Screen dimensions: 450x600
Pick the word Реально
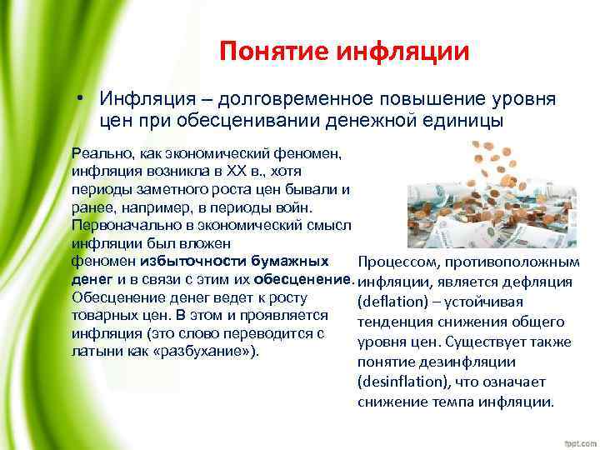[x=98, y=153]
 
